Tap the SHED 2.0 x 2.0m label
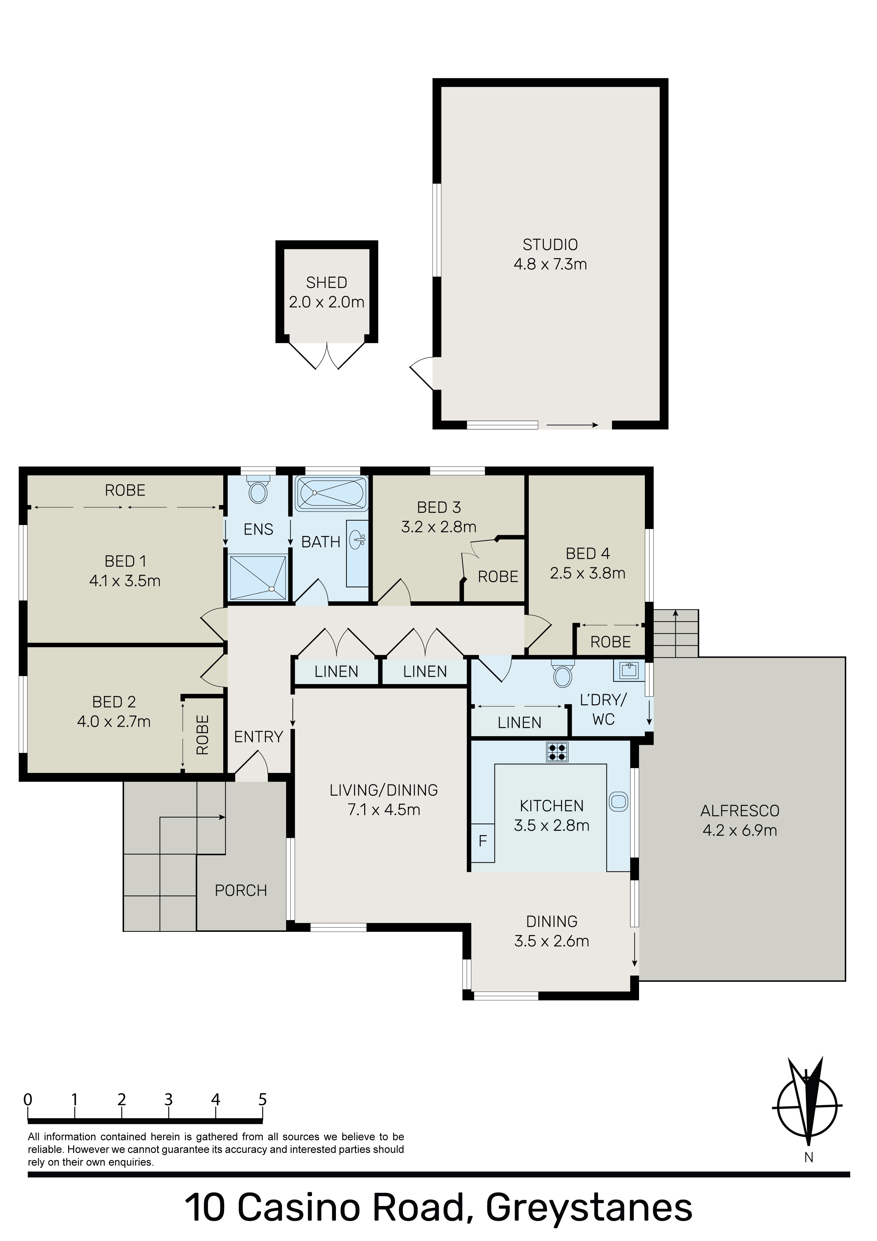(x=327, y=292)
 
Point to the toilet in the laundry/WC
(x=563, y=673)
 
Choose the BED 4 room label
(x=588, y=554)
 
